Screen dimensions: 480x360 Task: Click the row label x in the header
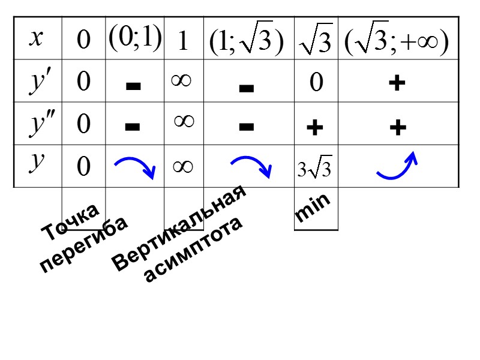(x=37, y=38)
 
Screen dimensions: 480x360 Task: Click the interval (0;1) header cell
(x=135, y=37)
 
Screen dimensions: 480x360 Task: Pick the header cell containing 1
(x=184, y=41)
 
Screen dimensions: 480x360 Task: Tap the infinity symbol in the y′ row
(x=181, y=80)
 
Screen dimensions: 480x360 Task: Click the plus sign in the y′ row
(x=395, y=84)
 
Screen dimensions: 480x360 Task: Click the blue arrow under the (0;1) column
(x=135, y=166)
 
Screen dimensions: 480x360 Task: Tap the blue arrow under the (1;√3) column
(x=251, y=166)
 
